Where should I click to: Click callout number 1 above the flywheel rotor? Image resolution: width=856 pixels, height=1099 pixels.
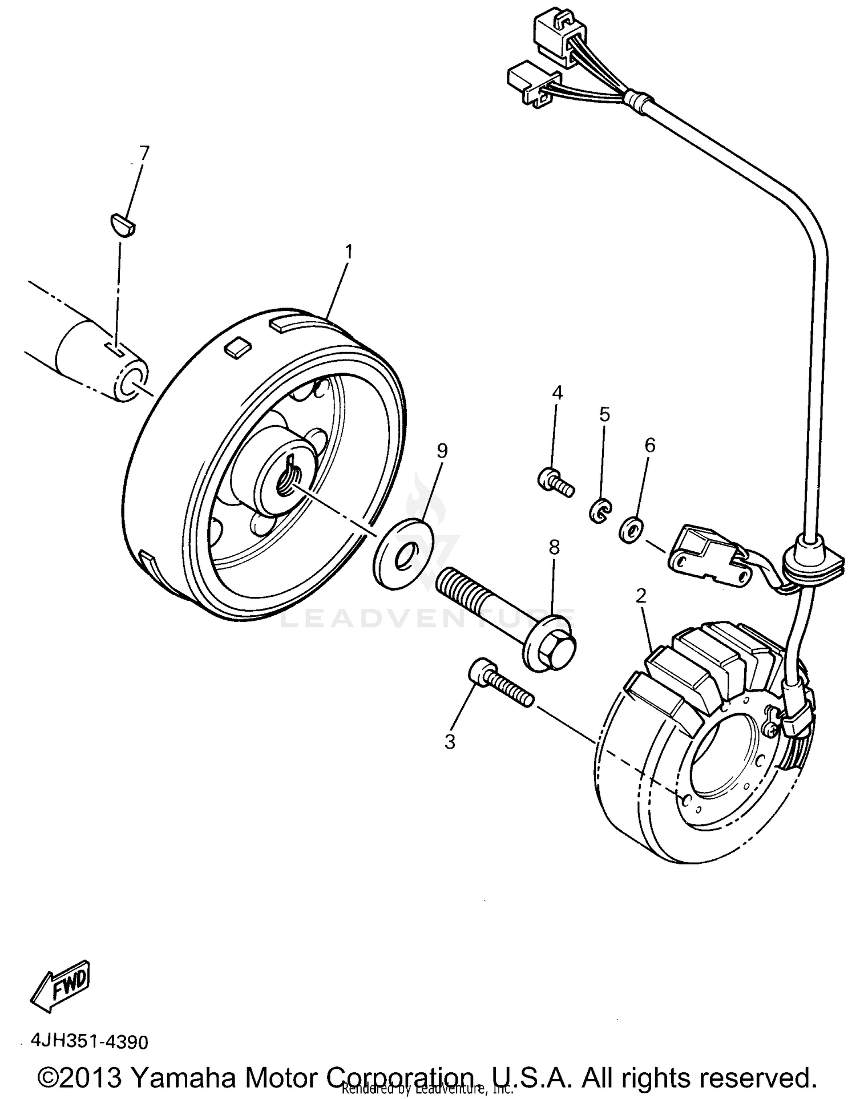(x=348, y=252)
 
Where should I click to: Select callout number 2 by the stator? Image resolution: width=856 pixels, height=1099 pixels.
(x=641, y=596)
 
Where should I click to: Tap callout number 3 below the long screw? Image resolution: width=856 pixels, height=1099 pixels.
(x=450, y=742)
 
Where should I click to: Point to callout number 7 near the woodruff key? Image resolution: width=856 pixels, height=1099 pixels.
(x=144, y=153)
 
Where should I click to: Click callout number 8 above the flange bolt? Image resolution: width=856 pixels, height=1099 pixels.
(x=554, y=548)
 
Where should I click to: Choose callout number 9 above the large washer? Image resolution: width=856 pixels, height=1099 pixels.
(x=442, y=451)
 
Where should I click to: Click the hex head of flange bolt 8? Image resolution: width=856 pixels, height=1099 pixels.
(x=552, y=649)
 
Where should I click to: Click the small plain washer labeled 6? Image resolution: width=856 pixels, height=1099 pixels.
(x=631, y=530)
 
